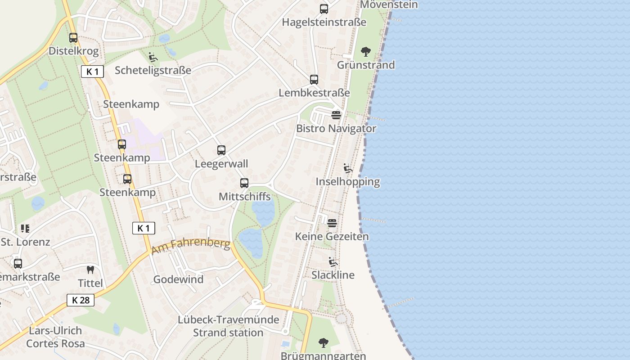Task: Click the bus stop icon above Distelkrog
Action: pos(73,38)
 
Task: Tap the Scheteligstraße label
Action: pos(153,70)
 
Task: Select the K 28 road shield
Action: pos(81,300)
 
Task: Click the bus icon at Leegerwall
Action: pos(221,150)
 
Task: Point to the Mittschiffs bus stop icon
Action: pos(244,183)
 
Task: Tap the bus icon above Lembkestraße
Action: pos(314,80)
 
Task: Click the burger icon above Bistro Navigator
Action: pos(336,115)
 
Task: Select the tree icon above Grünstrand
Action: pos(366,52)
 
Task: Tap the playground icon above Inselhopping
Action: pos(347,168)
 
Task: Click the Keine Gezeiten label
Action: pos(332,236)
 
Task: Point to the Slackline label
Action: pos(333,275)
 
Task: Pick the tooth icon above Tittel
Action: pos(90,270)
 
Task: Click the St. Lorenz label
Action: pos(25,242)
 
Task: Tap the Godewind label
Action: pos(179,279)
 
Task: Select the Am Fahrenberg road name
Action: pos(191,247)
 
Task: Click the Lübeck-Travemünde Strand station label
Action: pos(228,326)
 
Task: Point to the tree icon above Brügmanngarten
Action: pos(323,343)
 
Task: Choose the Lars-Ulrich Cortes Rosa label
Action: pos(55,337)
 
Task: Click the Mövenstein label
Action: pos(389,4)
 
